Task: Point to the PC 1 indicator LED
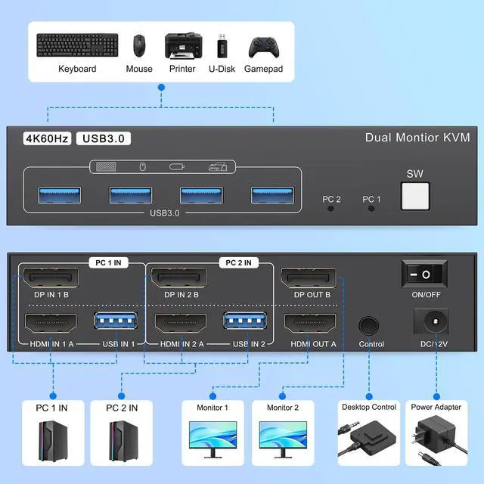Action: (371, 207)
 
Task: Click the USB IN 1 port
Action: (114, 322)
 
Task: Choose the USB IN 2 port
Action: (244, 322)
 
